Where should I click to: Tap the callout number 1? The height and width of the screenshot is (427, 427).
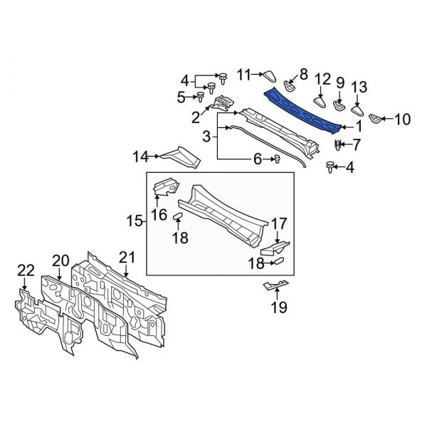pos(359,127)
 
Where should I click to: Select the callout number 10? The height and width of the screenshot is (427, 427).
pos(402,119)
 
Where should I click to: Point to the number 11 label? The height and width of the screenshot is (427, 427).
pos(245,74)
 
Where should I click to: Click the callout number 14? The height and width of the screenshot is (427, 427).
pos(141,156)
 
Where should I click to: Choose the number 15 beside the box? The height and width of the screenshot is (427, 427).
pos(134,223)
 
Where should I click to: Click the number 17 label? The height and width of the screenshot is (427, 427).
pos(278,224)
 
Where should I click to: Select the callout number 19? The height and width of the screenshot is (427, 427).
pos(278,307)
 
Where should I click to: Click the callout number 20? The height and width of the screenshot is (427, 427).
pos(60,261)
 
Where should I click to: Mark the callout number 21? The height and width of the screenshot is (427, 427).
pos(127,257)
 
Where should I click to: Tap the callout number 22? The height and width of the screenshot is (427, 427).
pos(26,270)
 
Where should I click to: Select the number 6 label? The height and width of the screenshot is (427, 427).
pos(258,160)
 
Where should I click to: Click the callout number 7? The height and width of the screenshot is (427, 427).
pos(357,145)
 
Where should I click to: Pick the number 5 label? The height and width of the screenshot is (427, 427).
pos(181,97)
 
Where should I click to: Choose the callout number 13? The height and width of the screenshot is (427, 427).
pos(359,88)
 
